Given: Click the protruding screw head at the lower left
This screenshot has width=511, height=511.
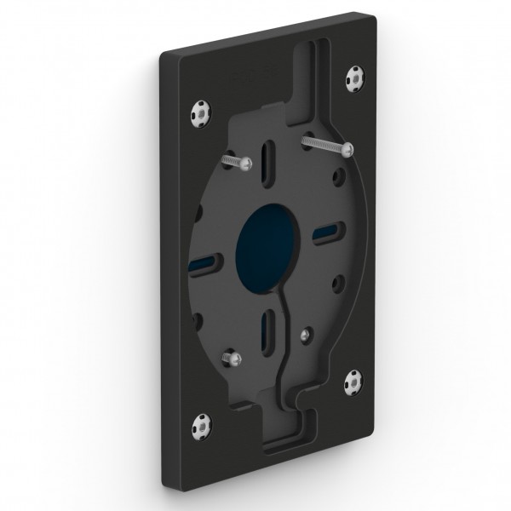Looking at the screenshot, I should pos(227,358).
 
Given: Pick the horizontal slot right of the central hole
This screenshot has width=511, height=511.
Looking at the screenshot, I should pos(325,233).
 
